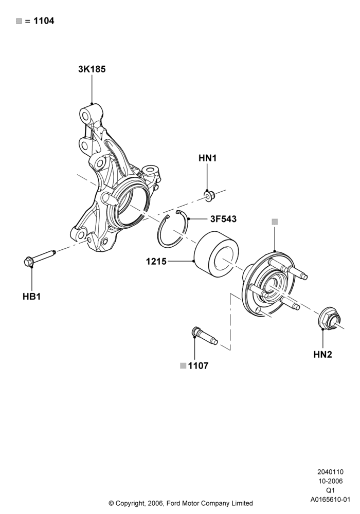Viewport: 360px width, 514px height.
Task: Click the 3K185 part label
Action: tap(92, 69)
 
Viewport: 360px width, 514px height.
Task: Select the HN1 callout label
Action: tap(208, 158)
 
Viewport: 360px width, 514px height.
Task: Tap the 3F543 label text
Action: tap(223, 219)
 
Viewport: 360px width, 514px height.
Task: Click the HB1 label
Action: tap(32, 297)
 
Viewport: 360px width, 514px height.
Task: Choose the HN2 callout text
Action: tap(322, 354)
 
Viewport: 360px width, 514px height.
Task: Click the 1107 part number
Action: tap(198, 365)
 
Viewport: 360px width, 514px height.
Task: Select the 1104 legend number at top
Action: tap(44, 21)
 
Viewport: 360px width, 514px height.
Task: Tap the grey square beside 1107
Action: tap(183, 366)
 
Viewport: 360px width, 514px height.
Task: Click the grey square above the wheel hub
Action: tap(275, 222)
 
